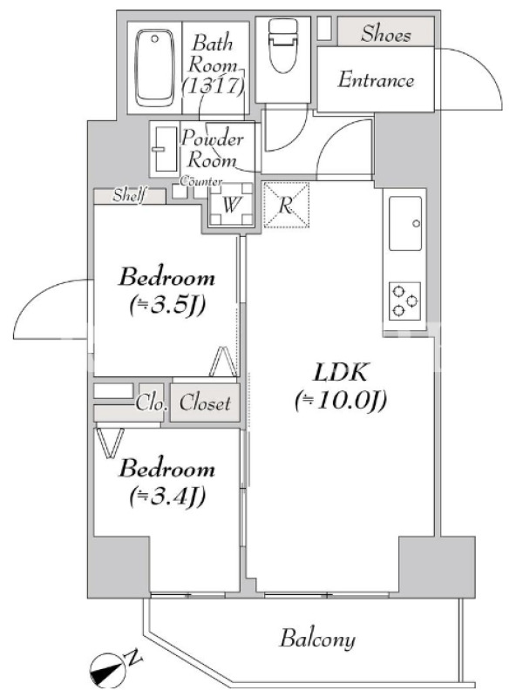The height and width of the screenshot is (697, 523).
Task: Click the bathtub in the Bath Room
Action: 154,68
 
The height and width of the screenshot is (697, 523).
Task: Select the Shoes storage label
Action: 385,34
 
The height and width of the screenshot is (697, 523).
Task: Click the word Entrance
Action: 376,80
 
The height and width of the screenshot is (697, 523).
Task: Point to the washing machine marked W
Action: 231,205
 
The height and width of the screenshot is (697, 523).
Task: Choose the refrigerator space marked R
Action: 286,205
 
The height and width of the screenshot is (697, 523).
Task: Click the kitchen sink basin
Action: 405,224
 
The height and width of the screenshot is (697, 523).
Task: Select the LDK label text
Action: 340,372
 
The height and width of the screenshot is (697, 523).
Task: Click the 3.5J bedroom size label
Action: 167,306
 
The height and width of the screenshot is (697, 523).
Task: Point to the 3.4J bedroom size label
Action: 167,497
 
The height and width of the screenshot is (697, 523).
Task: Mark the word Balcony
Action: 317,639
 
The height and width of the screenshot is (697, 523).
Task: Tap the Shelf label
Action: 129,195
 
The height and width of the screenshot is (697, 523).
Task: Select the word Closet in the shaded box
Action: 205,403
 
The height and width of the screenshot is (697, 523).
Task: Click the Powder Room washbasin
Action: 165,149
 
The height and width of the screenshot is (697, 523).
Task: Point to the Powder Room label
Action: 212,149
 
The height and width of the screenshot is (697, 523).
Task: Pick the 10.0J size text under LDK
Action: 341,401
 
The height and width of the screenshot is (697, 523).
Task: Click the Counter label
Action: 201,181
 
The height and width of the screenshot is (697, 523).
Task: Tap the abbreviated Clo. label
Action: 151,403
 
